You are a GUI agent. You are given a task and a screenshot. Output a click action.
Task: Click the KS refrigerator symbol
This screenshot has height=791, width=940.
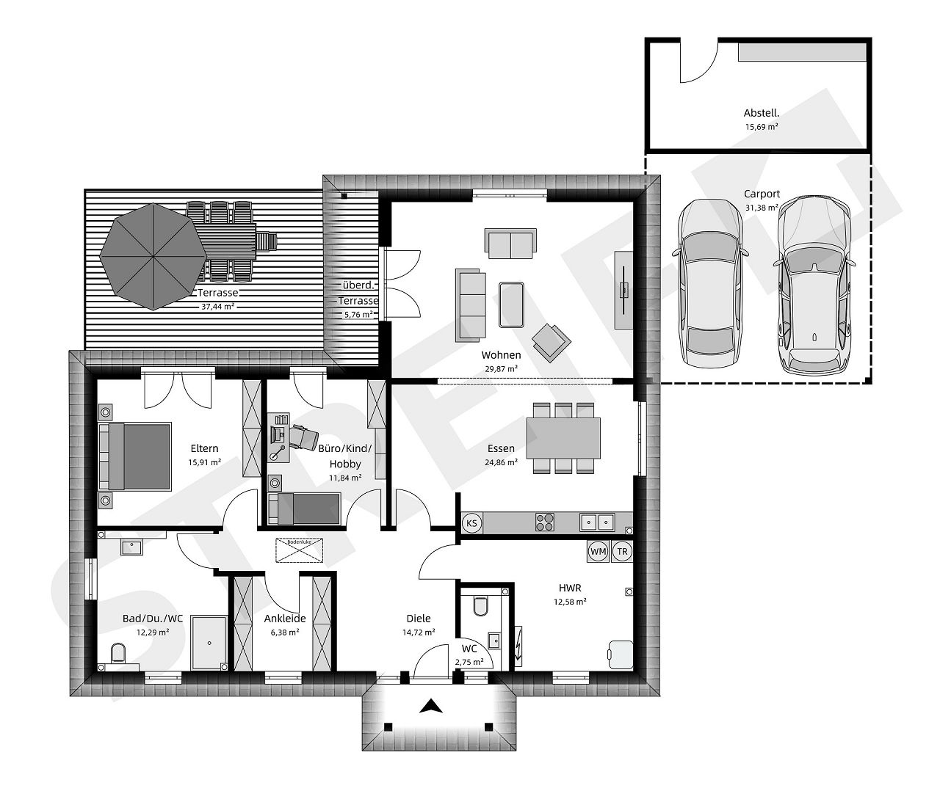pyautogui.click(x=471, y=523)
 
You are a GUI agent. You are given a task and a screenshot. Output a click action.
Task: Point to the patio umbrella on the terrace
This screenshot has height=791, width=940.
pyautogui.click(x=153, y=256)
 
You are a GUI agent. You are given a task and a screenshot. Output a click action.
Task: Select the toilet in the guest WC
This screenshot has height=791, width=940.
pyautogui.click(x=481, y=605)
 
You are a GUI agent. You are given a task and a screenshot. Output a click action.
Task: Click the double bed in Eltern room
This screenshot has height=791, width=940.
pyautogui.click(x=136, y=456)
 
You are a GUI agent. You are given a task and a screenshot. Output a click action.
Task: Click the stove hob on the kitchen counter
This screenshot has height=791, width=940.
pyautogui.click(x=545, y=522)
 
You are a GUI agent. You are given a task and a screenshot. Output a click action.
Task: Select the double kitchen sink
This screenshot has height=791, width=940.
pyautogui.click(x=596, y=522)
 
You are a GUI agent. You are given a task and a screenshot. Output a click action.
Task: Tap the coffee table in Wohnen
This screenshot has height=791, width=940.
pyautogui.click(x=511, y=304)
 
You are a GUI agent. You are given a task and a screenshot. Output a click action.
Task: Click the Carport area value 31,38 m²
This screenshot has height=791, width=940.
pyautogui.click(x=762, y=208)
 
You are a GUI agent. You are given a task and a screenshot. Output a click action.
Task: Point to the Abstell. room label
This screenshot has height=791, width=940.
pyautogui.click(x=761, y=113)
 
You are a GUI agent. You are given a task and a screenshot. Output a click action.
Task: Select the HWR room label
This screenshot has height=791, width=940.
pyautogui.click(x=570, y=588)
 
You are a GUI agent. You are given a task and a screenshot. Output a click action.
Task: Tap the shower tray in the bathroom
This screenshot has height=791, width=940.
pyautogui.click(x=209, y=642)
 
